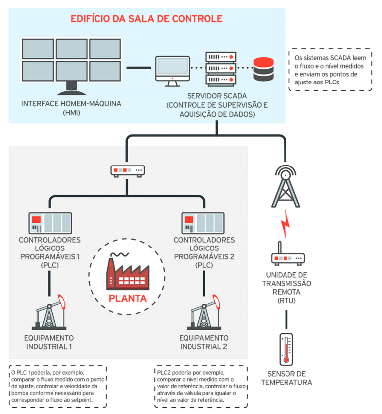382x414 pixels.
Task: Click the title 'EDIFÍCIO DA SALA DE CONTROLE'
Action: [146, 20]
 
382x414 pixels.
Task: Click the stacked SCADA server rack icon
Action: [219, 68]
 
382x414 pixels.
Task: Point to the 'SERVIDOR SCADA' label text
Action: [217, 96]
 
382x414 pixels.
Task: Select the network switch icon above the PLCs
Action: [128, 170]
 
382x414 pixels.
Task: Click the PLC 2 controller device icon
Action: [204, 222]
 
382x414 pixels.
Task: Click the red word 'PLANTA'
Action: [128, 299]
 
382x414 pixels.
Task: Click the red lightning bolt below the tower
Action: [285, 223]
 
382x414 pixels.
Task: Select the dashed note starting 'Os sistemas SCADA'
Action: [330, 70]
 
